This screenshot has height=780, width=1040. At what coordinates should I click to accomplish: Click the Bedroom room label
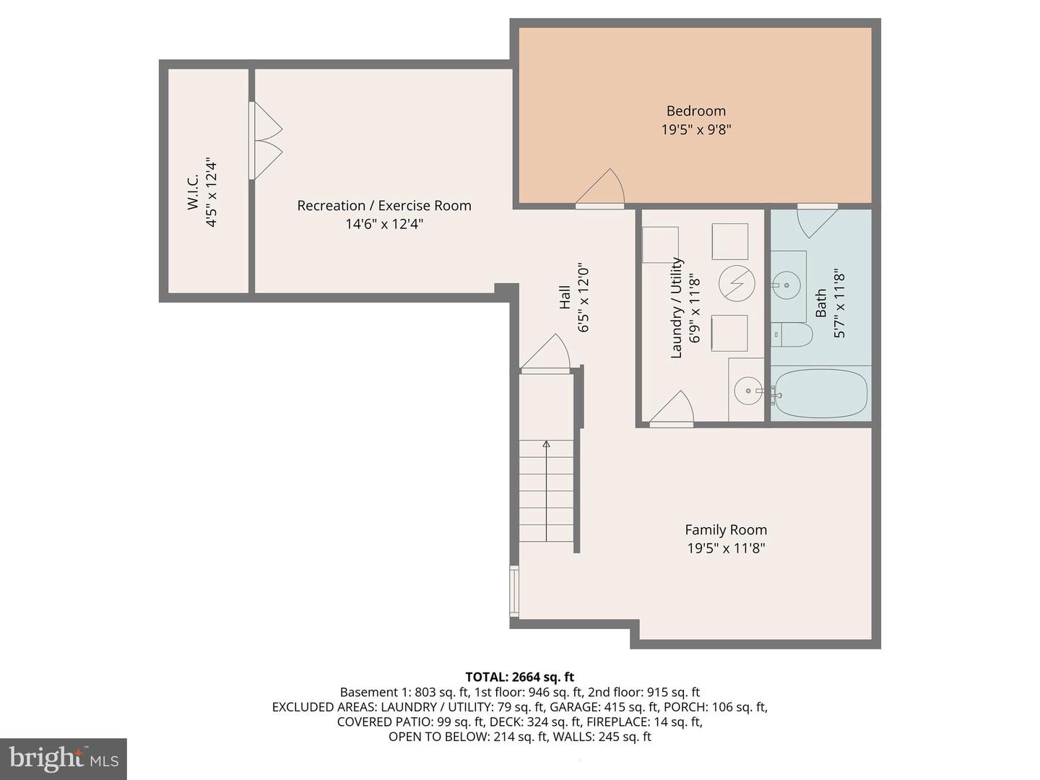[x=695, y=110]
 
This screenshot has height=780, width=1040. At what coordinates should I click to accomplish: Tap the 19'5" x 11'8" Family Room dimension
[x=726, y=548]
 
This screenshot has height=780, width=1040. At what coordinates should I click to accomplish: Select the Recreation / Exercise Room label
[x=383, y=206]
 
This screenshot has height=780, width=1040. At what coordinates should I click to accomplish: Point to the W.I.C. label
[x=193, y=193]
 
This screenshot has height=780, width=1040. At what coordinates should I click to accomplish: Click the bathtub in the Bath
[x=820, y=394]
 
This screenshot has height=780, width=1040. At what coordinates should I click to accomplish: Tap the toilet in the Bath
[x=792, y=334]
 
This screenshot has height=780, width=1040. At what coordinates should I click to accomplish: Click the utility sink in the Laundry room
[x=747, y=391]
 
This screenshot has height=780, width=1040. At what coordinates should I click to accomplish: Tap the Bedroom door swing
[x=602, y=189]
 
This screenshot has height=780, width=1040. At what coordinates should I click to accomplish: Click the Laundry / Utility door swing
[x=673, y=409]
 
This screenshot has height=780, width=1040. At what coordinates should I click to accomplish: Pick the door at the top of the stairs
[x=547, y=354]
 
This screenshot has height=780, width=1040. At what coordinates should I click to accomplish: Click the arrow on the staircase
[x=547, y=445]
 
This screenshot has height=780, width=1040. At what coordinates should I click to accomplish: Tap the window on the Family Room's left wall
[x=514, y=591]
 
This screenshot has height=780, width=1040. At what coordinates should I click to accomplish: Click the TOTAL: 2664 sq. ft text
[x=519, y=677]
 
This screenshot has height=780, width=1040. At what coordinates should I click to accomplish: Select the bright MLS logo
[x=64, y=758]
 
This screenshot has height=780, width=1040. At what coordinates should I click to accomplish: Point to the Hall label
[x=565, y=297]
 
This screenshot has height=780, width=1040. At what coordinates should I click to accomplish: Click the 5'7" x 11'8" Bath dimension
[x=839, y=303]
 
